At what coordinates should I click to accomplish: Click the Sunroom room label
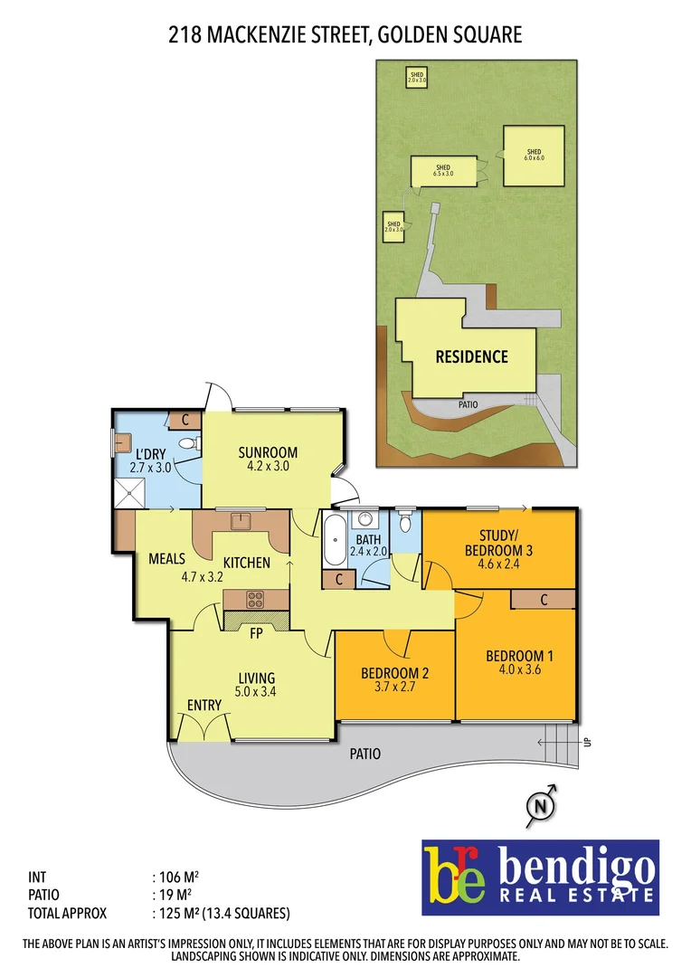(268, 453)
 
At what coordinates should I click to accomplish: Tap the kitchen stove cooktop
(256, 599)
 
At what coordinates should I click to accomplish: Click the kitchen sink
(240, 521)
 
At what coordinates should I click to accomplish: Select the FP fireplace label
(256, 633)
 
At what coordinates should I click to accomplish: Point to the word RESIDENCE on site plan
(471, 356)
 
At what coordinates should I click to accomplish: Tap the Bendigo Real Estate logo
(540, 877)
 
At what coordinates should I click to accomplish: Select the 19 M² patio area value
(173, 895)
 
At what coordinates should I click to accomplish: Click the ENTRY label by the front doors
(204, 706)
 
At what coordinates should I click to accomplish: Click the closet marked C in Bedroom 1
(544, 599)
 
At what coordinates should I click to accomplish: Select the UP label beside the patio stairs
(587, 743)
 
